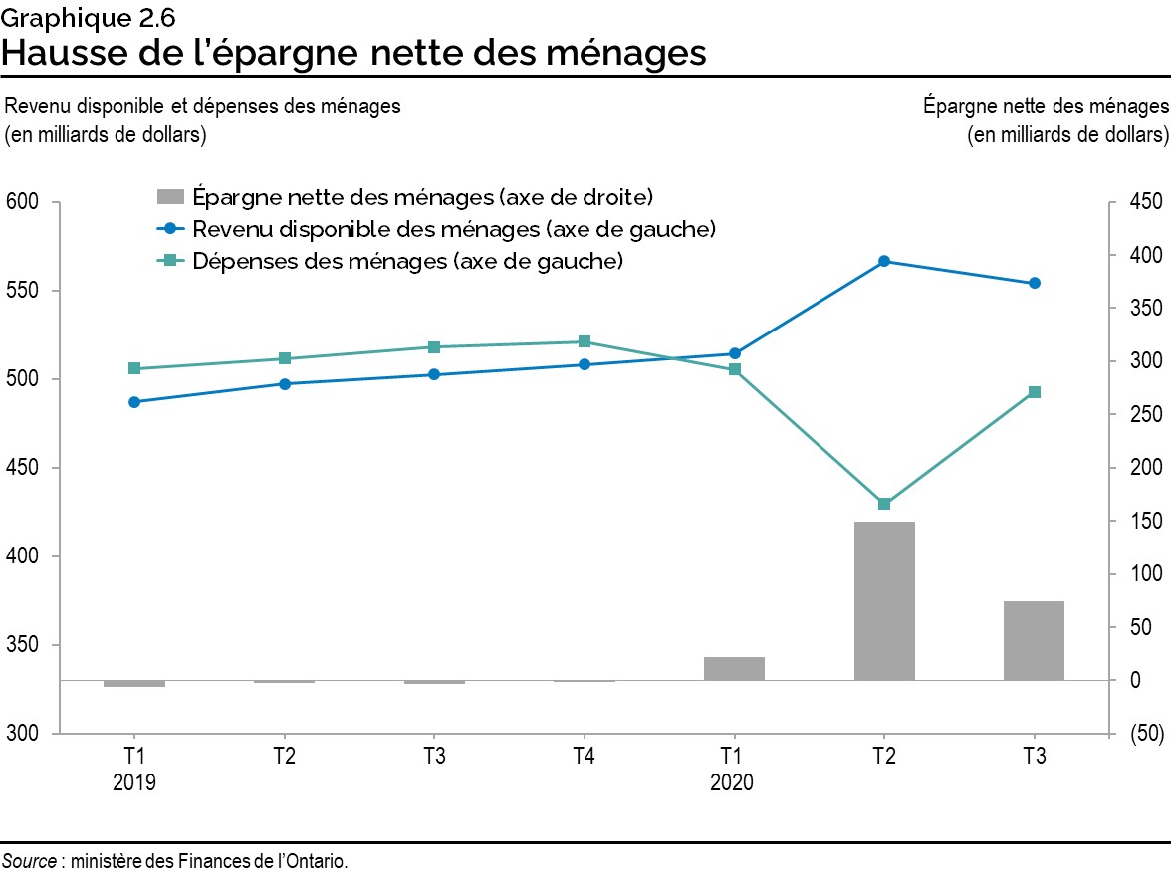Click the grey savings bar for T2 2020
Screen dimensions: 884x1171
883,600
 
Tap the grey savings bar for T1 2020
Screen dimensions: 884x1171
734,668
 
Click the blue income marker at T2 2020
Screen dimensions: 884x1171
883,261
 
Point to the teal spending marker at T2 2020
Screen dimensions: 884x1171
883,504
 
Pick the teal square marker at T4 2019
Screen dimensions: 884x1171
584,341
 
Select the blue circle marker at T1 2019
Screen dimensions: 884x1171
134,402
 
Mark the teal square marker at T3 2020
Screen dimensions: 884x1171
1034,392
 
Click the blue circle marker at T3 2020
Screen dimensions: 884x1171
1034,283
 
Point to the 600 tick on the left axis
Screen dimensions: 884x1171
22,202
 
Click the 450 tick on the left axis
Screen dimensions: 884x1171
22,468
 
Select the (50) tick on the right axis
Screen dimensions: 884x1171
1145,734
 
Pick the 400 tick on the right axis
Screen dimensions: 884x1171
1145,256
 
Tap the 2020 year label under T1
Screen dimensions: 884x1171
732,782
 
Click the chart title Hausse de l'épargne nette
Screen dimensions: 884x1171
354,52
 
